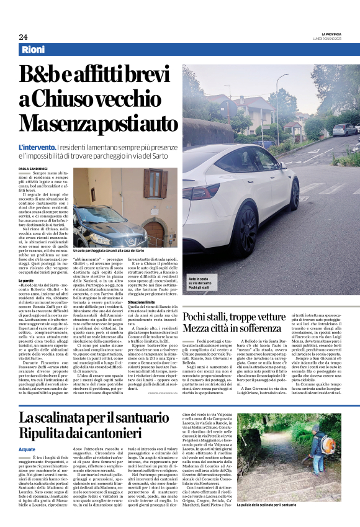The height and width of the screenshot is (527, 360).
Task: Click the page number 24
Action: point(23,37)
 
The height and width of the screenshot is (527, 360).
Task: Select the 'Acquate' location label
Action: point(27,448)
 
